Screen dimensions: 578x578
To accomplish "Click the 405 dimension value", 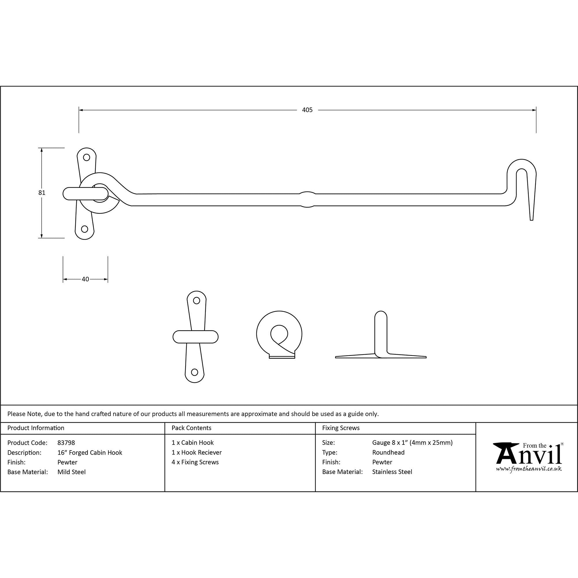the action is (x=307, y=110).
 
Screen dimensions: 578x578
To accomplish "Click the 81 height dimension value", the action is (x=42, y=193).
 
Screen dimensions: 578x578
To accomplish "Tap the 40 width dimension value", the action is (x=85, y=279).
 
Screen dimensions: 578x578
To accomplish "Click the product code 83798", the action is (x=66, y=443).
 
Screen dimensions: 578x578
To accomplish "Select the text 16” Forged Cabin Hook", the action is (x=90, y=453).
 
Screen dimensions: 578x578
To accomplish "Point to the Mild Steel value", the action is (x=71, y=472).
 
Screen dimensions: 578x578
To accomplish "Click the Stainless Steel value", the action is (x=392, y=472).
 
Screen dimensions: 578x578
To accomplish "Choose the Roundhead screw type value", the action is (x=388, y=452).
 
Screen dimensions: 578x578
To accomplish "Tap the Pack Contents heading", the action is (x=192, y=428).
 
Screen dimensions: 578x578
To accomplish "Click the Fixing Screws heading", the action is (x=341, y=428).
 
